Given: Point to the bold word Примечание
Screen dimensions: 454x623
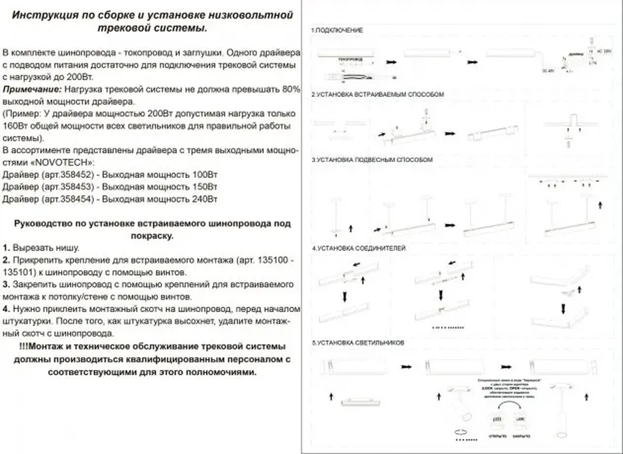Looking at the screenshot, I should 32,89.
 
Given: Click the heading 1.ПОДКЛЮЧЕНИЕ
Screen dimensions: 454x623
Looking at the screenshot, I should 337,30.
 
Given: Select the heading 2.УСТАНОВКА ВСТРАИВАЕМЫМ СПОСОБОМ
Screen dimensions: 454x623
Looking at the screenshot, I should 378,94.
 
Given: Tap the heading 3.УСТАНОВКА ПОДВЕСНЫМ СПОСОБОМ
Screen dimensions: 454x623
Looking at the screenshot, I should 372,160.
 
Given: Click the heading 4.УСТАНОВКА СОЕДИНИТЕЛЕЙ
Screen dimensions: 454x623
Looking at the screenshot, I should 359,248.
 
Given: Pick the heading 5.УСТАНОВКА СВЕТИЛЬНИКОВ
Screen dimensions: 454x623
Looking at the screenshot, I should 358,343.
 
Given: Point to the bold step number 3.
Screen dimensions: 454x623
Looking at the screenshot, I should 6,285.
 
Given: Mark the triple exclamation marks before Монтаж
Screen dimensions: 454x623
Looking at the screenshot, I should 23,346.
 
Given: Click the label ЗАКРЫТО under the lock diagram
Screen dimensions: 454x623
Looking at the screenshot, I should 522,436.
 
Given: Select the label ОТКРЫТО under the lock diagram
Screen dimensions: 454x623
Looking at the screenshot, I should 497,436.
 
